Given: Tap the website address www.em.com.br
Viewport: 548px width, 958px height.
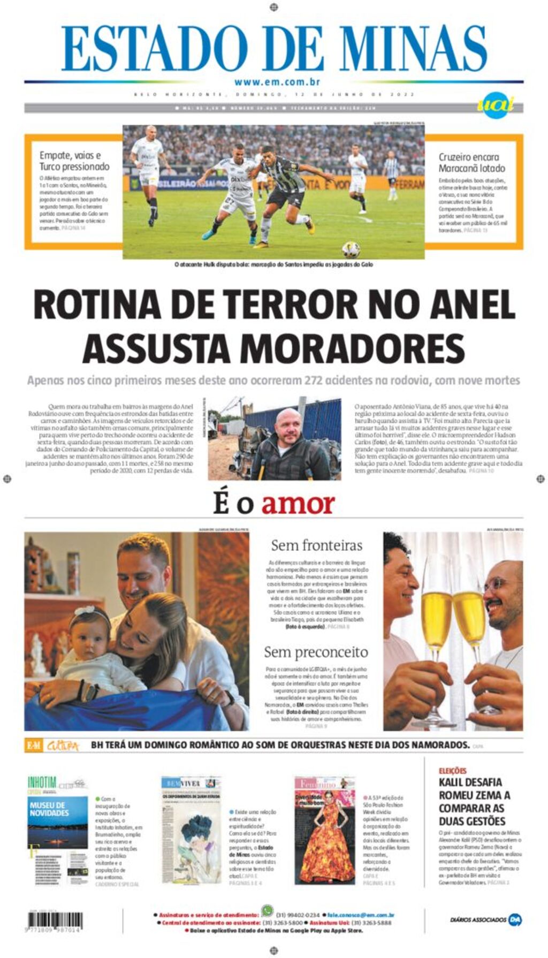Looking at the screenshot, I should (277, 82).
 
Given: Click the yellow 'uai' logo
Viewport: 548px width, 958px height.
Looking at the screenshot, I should (495, 105).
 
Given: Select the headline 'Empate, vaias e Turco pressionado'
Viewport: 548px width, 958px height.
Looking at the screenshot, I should (74, 161).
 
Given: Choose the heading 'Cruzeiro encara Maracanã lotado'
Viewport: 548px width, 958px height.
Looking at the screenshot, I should (471, 162).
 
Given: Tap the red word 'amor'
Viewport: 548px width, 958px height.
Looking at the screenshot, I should (298, 504).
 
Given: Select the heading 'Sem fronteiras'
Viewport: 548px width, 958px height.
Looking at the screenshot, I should (316, 545).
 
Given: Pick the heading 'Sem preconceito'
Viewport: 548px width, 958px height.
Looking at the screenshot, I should (316, 652).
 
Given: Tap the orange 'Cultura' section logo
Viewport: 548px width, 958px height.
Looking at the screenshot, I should (63, 746).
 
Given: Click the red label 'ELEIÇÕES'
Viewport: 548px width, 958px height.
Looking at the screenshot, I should (452, 771).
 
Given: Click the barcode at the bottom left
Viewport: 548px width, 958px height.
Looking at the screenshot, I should (55, 921).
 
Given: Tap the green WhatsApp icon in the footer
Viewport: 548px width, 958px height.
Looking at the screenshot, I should (267, 910).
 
